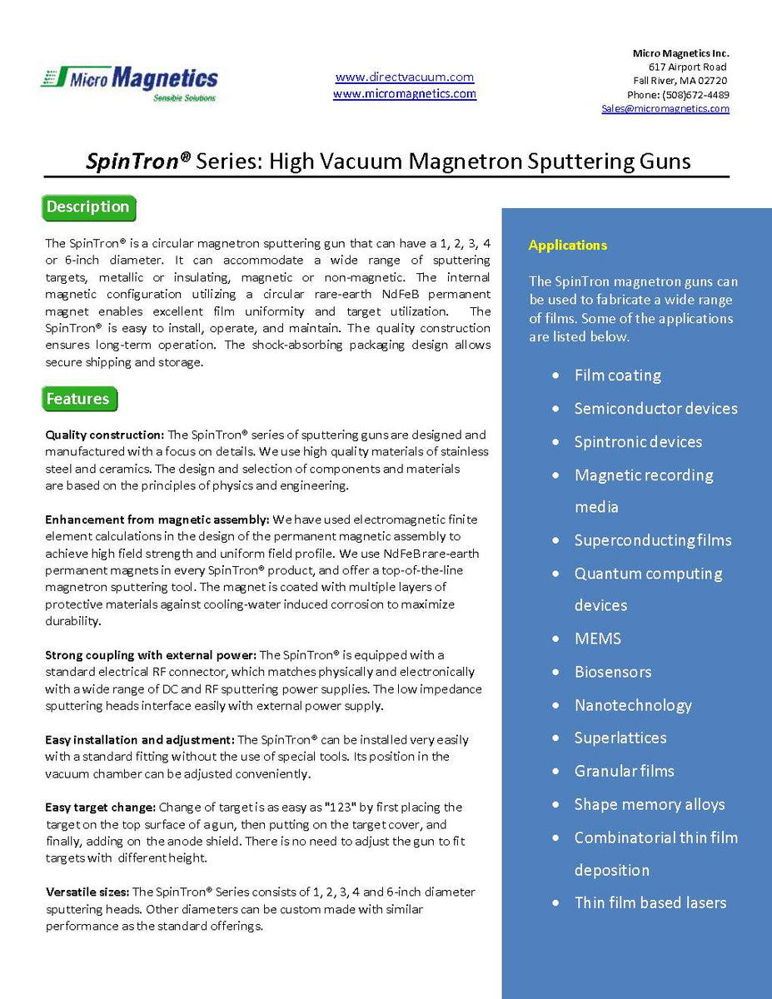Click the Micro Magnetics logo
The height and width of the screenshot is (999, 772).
[129, 82]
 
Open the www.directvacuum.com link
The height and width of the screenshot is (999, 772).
[405, 77]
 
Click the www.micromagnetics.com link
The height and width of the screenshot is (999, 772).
[405, 94]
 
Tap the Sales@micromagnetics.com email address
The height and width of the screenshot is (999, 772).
[665, 108]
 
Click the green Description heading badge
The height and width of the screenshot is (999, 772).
[88, 207]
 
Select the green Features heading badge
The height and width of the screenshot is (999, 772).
[78, 400]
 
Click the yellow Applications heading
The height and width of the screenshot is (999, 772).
[568, 245]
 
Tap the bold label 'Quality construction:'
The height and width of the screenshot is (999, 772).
[105, 435]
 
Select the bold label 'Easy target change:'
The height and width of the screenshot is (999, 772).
[101, 807]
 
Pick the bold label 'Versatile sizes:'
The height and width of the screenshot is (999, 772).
[87, 892]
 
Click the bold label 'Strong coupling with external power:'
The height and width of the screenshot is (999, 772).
[151, 654]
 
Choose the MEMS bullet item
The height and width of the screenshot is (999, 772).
[597, 639]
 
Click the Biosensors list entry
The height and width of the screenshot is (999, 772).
[612, 672]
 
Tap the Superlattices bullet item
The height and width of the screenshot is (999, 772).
[620, 738]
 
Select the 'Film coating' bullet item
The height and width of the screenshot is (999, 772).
[617, 375]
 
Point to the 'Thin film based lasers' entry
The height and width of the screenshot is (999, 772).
[650, 902]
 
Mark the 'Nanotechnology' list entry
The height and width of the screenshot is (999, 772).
[633, 705]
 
